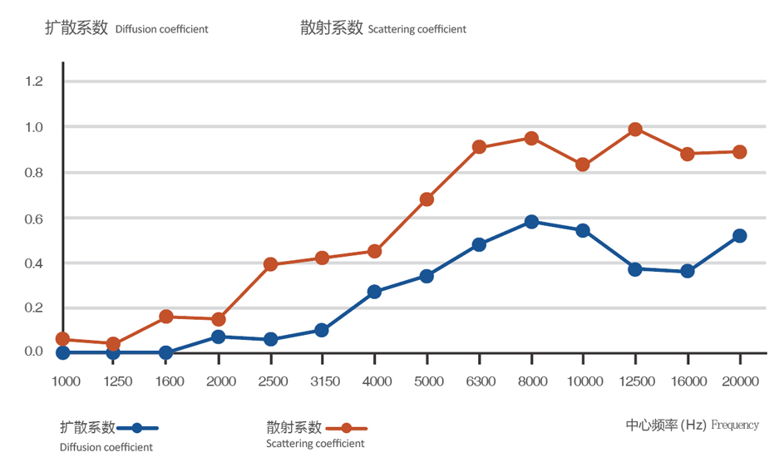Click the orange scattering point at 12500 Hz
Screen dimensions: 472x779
pos(635,130)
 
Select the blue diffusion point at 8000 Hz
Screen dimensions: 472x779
pos(531,222)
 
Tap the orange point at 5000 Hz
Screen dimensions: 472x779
pos(426,199)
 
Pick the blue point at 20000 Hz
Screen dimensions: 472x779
pos(739,236)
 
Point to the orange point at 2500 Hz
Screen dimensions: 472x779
pos(270,264)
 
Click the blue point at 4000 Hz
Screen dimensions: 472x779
pos(374,292)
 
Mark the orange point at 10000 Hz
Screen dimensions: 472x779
pos(583,165)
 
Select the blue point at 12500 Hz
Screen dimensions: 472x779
pos(635,269)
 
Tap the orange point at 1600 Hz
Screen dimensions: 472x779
pos(165,317)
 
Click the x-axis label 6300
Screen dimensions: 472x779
pos(480,381)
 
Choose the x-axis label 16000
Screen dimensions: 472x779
pos(688,381)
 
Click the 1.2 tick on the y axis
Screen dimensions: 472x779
pos(34,81)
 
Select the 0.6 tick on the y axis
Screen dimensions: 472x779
pos(34,219)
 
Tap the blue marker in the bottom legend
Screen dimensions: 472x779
pos(137,428)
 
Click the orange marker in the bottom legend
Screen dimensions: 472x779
pos(346,428)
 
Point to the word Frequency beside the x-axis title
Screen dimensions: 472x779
pos(735,425)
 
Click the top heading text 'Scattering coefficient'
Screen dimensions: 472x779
pos(417,29)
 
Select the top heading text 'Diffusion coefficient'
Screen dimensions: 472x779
pos(161,29)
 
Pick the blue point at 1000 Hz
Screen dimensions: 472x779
pos(62,352)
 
